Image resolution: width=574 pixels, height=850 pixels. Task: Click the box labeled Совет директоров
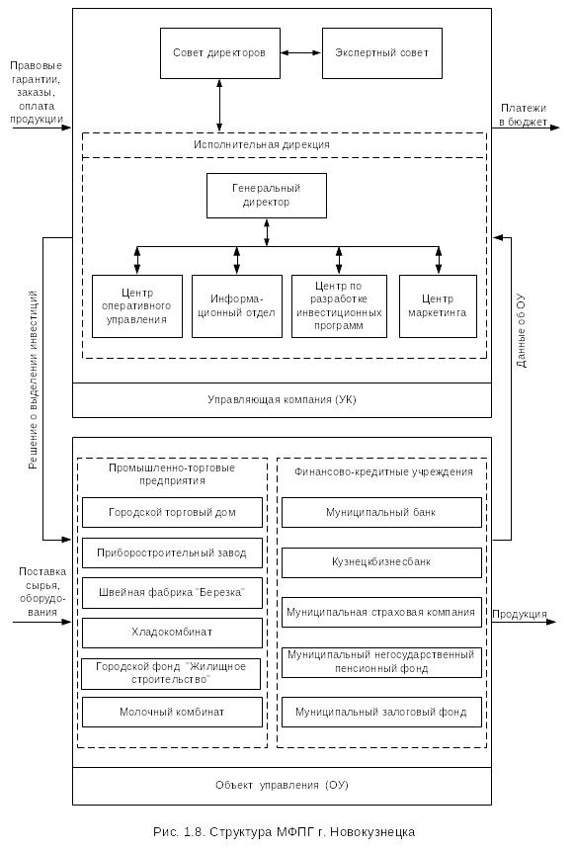coord(220,53)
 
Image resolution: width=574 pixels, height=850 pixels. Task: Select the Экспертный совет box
coord(382,53)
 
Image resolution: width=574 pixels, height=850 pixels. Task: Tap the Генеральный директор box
coord(267,196)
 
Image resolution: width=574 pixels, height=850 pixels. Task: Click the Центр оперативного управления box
coord(137,306)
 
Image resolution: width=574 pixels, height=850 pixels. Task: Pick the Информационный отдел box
coord(237,306)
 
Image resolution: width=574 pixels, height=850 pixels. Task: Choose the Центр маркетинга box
coord(438,306)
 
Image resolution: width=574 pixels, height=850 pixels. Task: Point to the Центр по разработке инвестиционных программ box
coord(339,306)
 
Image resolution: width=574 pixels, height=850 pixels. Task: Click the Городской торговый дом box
coord(172,512)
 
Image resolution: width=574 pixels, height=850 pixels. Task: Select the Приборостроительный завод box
coord(172,552)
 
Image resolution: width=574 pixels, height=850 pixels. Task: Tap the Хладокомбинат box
coord(172,633)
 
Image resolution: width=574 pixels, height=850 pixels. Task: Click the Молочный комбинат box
coord(172,712)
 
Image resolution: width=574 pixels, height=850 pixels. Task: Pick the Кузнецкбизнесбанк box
coord(381,562)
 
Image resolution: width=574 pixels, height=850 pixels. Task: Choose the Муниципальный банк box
coord(381,512)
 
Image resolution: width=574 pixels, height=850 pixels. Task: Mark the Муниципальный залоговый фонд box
coord(381,712)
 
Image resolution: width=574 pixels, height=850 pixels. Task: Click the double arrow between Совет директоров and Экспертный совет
coord(301,53)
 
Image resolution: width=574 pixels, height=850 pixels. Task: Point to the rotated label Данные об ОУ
coord(521,331)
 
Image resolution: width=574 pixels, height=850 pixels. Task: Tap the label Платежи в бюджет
coord(523,115)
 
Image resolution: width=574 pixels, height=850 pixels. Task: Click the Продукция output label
coord(520,614)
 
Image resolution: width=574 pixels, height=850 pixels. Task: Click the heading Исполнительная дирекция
coord(262,144)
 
